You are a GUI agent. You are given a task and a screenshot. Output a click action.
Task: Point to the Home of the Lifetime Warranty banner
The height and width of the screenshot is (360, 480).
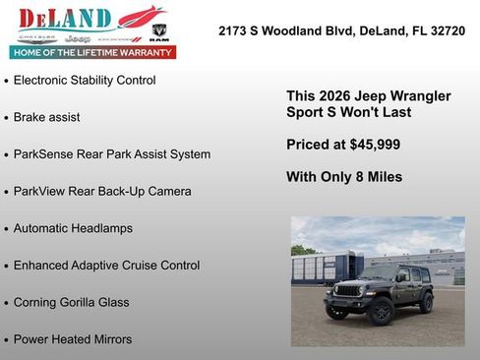tap(93, 52)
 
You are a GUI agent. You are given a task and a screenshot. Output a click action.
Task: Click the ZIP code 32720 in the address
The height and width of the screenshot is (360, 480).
tap(446, 31)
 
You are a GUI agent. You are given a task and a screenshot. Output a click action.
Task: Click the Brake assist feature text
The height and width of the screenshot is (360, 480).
tap(47, 117)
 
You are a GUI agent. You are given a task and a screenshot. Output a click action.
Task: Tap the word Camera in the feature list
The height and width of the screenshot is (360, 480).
tap(168, 191)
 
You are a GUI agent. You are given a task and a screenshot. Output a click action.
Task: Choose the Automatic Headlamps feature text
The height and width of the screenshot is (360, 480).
tap(73, 228)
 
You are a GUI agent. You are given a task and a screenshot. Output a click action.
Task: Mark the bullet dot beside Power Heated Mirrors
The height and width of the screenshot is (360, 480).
tap(7, 340)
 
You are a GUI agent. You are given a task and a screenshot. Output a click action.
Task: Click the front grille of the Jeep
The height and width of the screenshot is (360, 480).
tap(349, 290)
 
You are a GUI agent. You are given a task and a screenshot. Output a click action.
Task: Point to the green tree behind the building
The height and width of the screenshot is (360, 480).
tap(300, 250)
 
